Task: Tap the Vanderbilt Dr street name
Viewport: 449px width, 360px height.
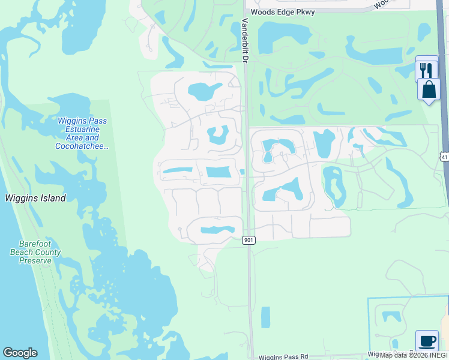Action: pos(245,40)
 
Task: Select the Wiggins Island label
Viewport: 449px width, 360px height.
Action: pos(35,198)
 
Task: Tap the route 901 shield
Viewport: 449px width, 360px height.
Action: pos(249,240)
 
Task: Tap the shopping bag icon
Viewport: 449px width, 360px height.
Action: pos(429,90)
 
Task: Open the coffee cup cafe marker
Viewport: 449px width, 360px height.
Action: pos(427,341)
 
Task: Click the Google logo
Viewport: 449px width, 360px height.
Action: pos(20,353)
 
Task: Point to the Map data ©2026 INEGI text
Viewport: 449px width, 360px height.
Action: pos(414,355)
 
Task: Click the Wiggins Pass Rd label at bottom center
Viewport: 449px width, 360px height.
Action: pos(283,357)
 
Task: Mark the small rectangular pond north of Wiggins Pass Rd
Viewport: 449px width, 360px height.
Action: pos(265,317)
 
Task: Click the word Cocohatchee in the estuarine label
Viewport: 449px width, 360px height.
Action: pos(82,146)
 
